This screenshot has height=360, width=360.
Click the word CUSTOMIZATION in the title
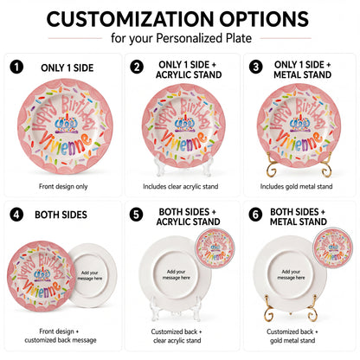131,19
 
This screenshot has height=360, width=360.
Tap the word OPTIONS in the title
264,19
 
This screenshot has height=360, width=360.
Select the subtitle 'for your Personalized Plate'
181,38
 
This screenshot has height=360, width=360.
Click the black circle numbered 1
16,67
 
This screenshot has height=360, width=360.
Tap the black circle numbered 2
137,67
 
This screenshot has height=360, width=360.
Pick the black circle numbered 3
256,67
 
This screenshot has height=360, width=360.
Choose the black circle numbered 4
16,215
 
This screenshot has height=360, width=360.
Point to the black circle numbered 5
136,215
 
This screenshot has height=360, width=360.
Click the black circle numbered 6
255,215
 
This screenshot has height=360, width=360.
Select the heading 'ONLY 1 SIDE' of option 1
67,68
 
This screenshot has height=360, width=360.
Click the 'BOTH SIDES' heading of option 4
61,215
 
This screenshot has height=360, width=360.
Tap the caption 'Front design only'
63,187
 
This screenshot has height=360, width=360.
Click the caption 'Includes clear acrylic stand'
181,187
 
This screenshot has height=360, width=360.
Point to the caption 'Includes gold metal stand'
296,187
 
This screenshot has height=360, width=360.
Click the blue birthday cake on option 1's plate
67,123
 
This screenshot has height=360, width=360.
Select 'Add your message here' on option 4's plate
90,275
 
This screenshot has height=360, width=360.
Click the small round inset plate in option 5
215,247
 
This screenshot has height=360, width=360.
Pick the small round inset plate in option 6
333,247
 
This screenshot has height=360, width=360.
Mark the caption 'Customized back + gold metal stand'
292,336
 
